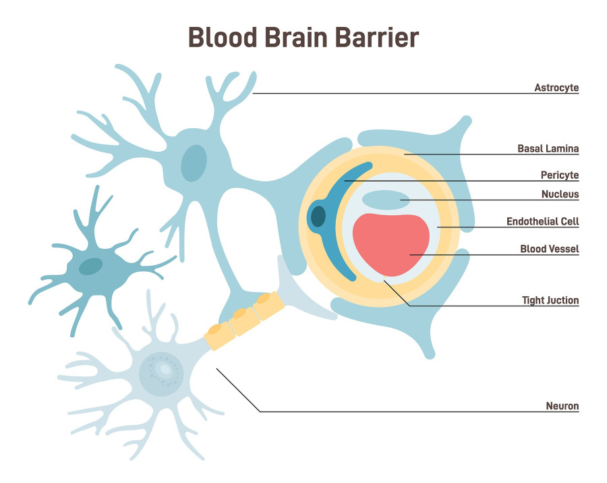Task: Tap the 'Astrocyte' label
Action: click(x=556, y=88)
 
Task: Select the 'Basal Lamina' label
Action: click(x=548, y=148)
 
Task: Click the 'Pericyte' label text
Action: click(x=559, y=175)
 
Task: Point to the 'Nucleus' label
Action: click(x=560, y=195)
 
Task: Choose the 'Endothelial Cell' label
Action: click(x=542, y=221)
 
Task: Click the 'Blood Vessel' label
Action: click(x=549, y=250)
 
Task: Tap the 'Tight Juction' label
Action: click(x=550, y=300)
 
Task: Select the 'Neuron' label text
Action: click(x=562, y=406)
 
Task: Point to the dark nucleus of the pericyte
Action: click(x=318, y=217)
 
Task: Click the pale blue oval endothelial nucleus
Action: click(x=386, y=199)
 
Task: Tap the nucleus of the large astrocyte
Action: click(x=194, y=163)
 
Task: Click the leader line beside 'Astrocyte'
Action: click(x=405, y=93)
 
